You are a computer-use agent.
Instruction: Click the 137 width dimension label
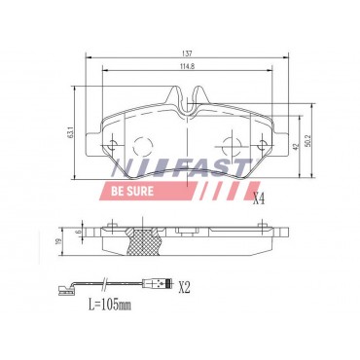187,54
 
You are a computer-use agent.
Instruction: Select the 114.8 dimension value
187,66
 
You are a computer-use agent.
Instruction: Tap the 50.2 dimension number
308,141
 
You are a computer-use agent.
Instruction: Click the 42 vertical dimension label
295,147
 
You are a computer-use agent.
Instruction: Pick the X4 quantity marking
259,199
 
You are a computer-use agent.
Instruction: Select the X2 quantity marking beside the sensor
184,288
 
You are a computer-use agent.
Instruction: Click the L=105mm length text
110,305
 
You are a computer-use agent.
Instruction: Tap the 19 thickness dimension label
57,241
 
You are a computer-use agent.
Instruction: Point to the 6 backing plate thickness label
77,233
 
